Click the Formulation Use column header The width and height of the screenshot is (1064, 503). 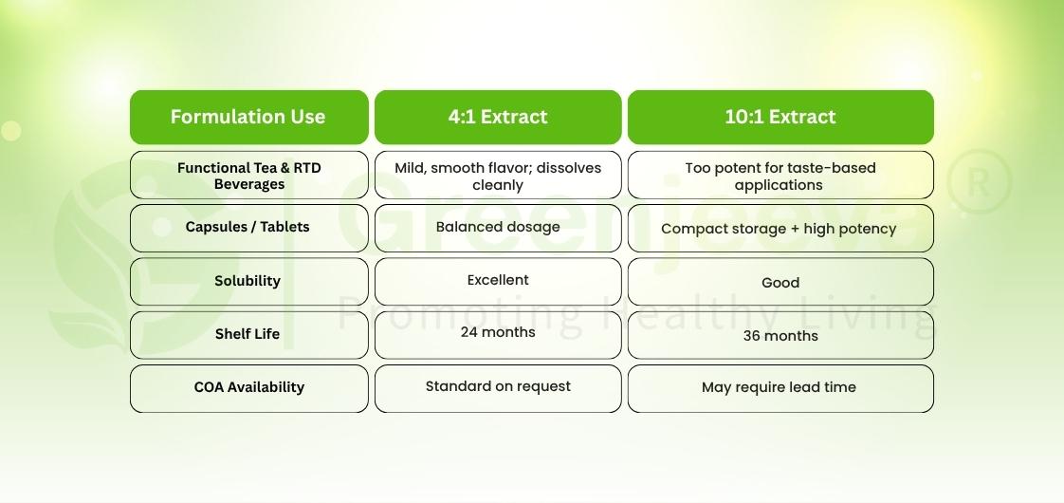pyautogui.click(x=248, y=117)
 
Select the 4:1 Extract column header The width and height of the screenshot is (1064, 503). pyautogui.click(x=498, y=117)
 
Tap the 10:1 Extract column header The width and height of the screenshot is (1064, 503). pyautogui.click(x=780, y=117)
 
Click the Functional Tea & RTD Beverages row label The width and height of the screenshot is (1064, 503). pyautogui.click(x=248, y=176)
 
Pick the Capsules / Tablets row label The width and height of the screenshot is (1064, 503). pyautogui.click(x=248, y=228)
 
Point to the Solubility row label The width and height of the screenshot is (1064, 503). pyautogui.click(x=248, y=281)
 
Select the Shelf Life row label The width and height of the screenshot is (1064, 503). pyautogui.click(x=248, y=334)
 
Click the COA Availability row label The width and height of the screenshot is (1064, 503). pyautogui.click(x=248, y=387)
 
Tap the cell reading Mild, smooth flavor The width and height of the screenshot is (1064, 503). pyautogui.click(x=498, y=176)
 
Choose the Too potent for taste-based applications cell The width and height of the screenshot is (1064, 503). pyautogui.click(x=780, y=176)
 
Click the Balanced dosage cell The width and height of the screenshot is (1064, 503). pyautogui.click(x=498, y=228)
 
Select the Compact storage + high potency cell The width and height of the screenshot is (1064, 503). pyautogui.click(x=780, y=229)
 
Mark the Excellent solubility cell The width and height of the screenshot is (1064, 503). pyautogui.click(x=498, y=281)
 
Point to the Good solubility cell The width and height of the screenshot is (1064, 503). pyautogui.click(x=780, y=283)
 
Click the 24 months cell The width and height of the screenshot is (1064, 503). pyautogui.click(x=498, y=333)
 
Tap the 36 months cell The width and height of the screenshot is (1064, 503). pyautogui.click(x=780, y=336)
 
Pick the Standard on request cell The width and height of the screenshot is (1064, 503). pyautogui.click(x=498, y=386)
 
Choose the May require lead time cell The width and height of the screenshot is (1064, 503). pyautogui.click(x=780, y=388)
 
